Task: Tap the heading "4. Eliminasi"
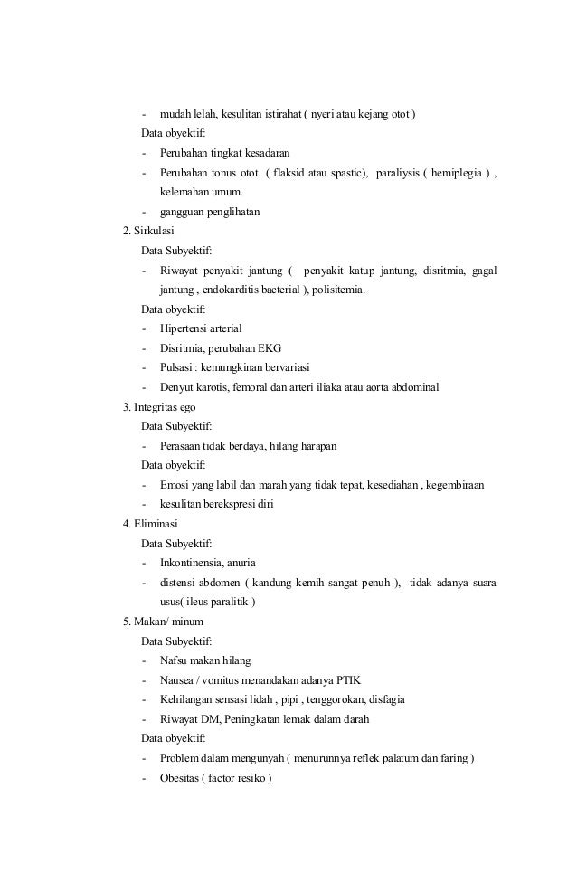[151, 524]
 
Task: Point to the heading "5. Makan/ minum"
[163, 622]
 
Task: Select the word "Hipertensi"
[184, 328]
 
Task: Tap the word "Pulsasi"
[176, 367]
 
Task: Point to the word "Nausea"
[176, 679]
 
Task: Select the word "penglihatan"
[230, 212]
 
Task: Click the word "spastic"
[343, 173]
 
